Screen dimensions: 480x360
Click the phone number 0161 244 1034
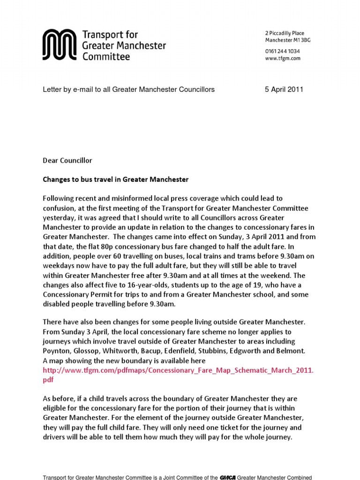283,51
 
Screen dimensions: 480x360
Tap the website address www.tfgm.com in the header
283,59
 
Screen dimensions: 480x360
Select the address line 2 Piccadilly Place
285,33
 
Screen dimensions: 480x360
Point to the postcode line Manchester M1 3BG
288,40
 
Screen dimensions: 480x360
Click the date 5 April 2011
284,90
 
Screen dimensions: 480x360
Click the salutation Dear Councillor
67,160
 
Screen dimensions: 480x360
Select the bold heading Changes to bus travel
115,180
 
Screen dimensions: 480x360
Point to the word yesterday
59,218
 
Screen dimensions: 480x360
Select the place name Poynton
56,351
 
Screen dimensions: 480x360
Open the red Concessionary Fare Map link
178,370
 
